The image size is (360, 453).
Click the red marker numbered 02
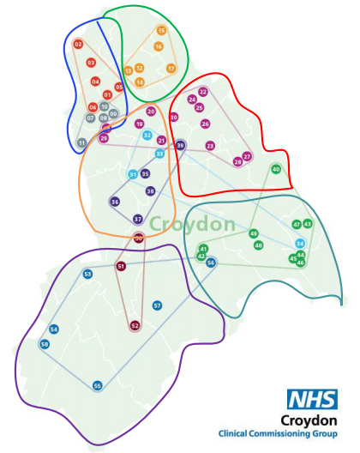pos(78,44)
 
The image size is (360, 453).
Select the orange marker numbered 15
pos(160,30)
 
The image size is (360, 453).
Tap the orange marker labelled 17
pos(171,68)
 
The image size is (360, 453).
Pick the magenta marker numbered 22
pos(203,92)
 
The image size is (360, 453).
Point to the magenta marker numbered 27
pos(247,156)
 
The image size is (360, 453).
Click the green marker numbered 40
pos(276,169)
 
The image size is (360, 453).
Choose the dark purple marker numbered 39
pos(180,146)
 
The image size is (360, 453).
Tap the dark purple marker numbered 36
pos(115,202)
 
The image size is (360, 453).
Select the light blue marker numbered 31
pos(133,175)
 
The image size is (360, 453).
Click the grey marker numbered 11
pos(82,142)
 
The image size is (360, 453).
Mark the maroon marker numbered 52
pos(135,325)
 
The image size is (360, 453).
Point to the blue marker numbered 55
pos(98,386)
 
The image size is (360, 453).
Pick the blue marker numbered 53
pos(87,274)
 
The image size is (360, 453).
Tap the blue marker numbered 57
pos(157,305)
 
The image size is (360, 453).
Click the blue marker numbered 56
pos(211,263)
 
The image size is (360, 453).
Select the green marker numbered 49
pos(253,233)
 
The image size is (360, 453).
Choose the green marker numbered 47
pos(297,224)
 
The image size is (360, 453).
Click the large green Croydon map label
pos(192,225)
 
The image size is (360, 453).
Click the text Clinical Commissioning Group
pos(278,434)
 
